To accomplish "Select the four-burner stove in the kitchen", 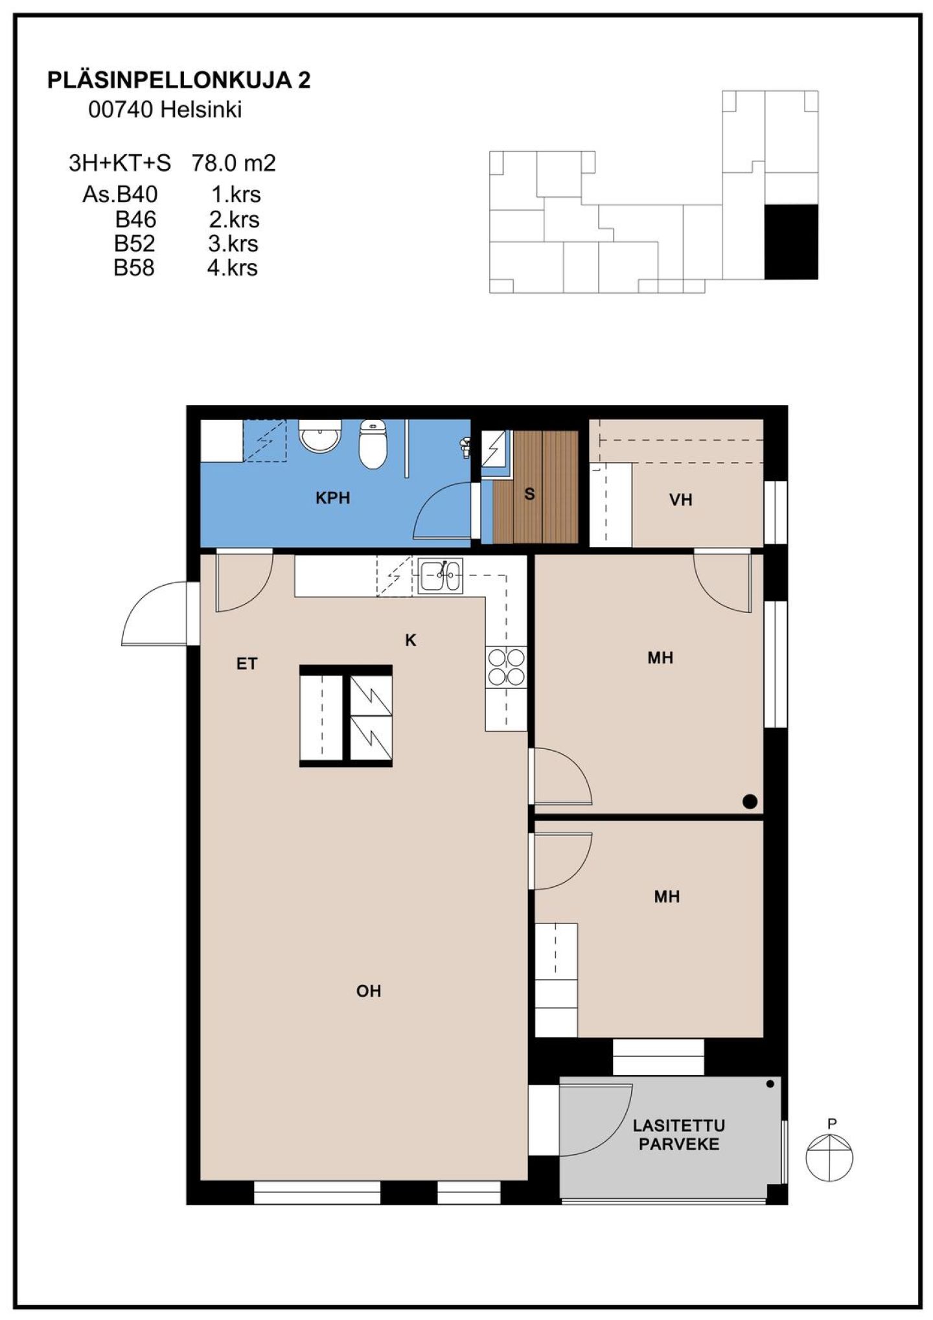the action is click(x=506, y=667).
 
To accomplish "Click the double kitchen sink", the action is click(x=441, y=575).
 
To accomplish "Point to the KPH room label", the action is click(x=332, y=498).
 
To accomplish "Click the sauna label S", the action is click(x=529, y=494).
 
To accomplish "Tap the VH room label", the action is click(x=680, y=500).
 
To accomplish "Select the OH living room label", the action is click(x=369, y=991).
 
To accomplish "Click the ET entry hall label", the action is click(x=247, y=664).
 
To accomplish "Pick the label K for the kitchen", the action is click(x=410, y=640).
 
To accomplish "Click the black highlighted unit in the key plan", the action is click(x=791, y=242).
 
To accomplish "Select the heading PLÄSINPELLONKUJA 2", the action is click(x=179, y=80).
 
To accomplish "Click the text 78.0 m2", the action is click(x=233, y=163).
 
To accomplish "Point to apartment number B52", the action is click(x=135, y=244).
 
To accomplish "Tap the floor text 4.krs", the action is click(x=233, y=268).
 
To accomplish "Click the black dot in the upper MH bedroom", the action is click(x=750, y=802).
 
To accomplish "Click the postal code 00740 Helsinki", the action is click(x=165, y=110).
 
